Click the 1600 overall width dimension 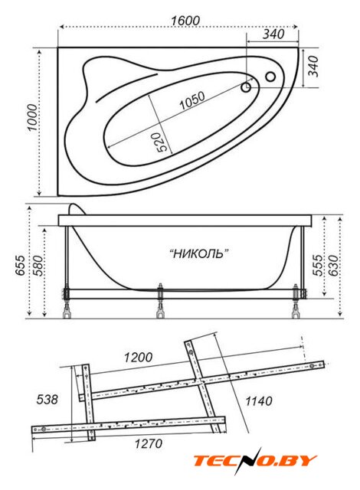(185, 21)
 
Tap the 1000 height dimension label (32, 118)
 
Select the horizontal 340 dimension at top (273, 34)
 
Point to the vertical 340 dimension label (313, 66)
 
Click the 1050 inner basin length (192, 100)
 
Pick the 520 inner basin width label (163, 142)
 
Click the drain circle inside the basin (246, 88)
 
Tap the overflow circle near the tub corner (270, 77)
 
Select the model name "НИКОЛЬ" (199, 253)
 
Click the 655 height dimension (21, 266)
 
